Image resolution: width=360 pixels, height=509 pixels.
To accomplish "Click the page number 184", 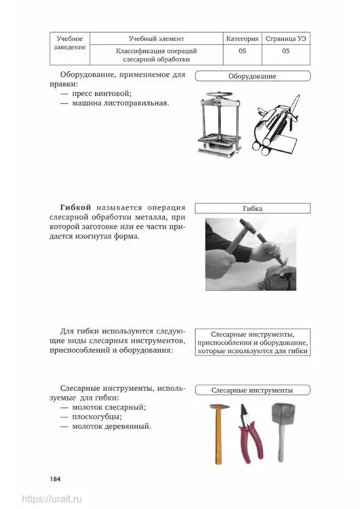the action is [55, 479].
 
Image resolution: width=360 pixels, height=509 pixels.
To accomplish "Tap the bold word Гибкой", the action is [76, 207].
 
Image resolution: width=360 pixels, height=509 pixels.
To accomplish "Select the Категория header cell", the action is [242, 38].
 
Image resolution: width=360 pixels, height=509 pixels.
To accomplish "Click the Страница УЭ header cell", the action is [286, 38].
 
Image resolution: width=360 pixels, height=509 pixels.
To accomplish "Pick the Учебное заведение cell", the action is [70, 49].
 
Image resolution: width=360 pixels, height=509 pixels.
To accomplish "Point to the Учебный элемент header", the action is [156, 38].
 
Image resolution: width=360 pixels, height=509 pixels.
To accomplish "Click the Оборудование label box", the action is [253, 76].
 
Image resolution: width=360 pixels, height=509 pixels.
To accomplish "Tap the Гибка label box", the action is [253, 209].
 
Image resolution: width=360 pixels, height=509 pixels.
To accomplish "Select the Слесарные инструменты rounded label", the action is [253, 390].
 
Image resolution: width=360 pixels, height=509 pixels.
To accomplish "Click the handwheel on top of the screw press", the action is [220, 96].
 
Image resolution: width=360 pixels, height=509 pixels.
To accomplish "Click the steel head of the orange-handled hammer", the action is [220, 406].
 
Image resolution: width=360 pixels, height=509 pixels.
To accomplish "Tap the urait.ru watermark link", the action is [52, 499].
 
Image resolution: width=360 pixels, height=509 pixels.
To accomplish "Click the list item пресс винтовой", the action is [101, 94].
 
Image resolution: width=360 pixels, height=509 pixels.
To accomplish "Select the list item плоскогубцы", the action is [97, 417].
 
